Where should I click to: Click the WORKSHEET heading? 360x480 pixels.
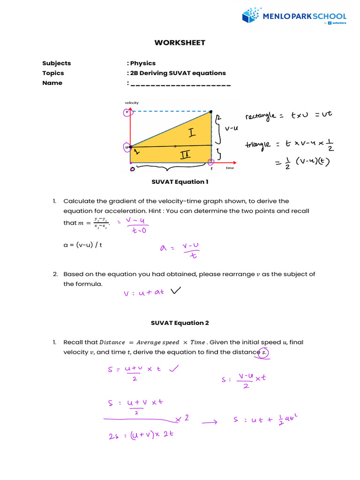[x=180, y=43]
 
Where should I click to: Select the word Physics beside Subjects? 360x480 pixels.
[x=143, y=63]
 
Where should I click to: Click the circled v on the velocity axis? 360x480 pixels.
[x=126, y=112]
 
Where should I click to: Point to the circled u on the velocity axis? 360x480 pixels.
[x=126, y=147]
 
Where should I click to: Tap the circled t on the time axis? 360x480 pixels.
[x=210, y=162]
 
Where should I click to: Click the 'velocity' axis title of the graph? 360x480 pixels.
[x=132, y=103]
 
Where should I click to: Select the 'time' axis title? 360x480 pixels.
[x=230, y=168]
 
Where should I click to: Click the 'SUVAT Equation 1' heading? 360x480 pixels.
[x=180, y=181]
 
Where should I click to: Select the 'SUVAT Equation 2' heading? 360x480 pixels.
[x=180, y=323]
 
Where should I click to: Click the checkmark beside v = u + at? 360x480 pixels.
[x=176, y=291]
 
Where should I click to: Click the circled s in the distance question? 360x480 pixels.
[x=263, y=352]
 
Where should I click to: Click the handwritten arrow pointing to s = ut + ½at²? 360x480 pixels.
[x=210, y=422]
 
